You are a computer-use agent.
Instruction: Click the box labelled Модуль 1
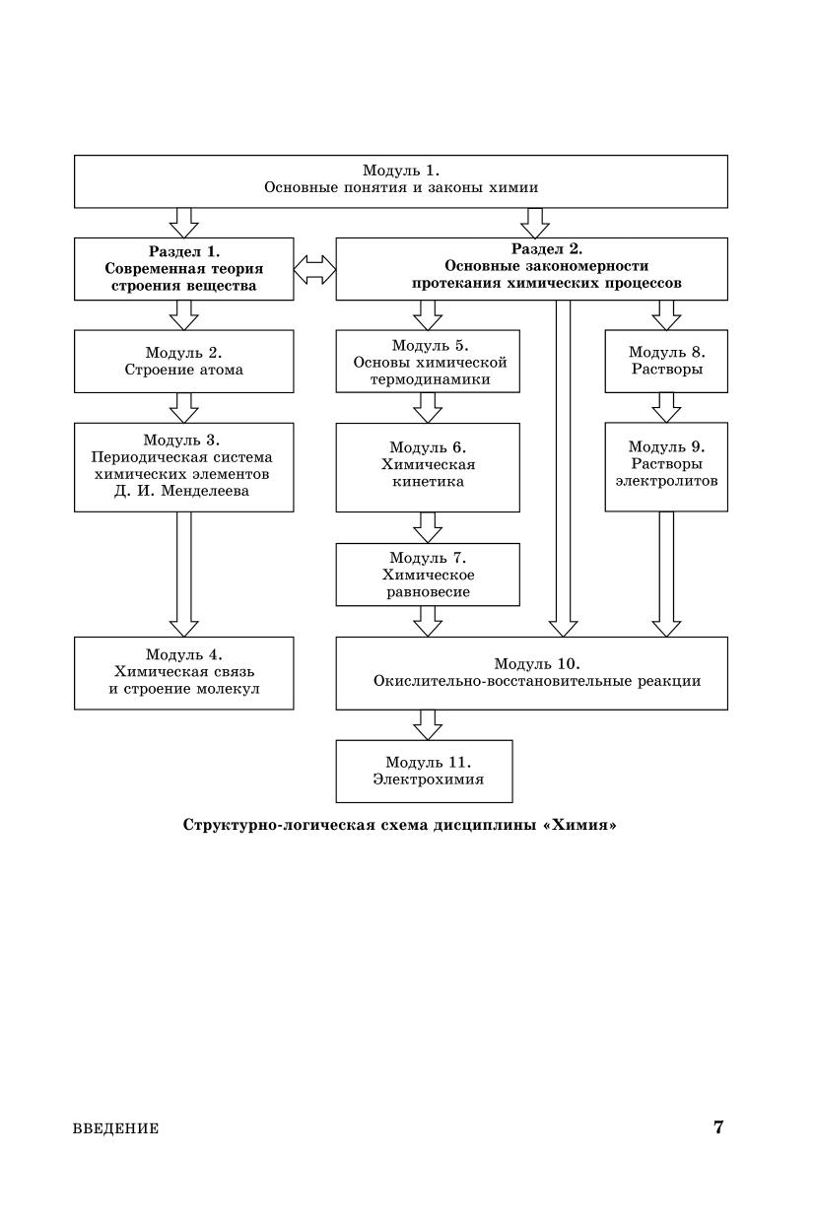[x=401, y=180]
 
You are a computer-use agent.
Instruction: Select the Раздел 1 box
[x=184, y=269]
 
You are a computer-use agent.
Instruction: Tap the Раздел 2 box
[x=532, y=269]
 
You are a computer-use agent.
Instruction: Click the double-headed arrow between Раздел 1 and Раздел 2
[x=315, y=269]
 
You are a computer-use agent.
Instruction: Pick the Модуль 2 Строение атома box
[x=184, y=361]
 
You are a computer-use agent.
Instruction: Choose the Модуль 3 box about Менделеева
[x=184, y=467]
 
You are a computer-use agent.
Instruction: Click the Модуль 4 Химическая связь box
[x=184, y=672]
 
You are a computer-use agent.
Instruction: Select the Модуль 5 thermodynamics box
[x=428, y=361]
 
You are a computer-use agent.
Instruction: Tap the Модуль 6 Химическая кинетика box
[x=428, y=467]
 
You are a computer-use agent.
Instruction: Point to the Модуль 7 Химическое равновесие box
[x=428, y=576]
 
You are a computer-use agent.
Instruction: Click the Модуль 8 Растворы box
[x=666, y=361]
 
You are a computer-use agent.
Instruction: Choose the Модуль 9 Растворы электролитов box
[x=666, y=467]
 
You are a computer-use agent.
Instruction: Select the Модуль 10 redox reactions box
[x=532, y=672]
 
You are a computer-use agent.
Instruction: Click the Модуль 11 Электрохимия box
[x=425, y=771]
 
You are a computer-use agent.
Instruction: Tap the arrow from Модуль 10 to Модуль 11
[x=428, y=724]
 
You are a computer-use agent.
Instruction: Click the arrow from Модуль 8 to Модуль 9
[x=666, y=407]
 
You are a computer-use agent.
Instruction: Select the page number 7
[x=718, y=1127]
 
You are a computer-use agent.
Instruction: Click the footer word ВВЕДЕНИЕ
[x=115, y=1129]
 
